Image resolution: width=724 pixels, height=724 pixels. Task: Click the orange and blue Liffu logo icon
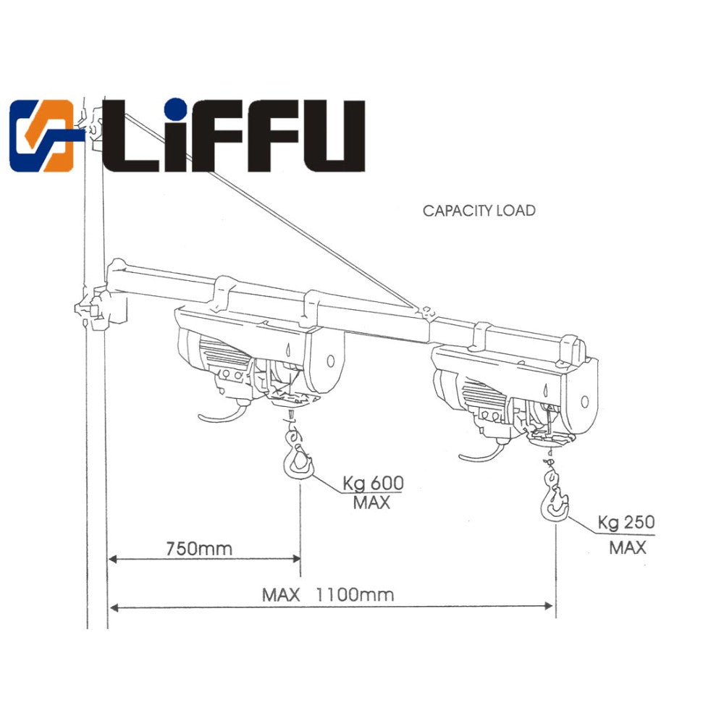point(42,135)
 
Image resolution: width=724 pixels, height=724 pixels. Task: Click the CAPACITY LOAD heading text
point(479,211)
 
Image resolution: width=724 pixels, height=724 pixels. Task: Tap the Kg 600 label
point(373,483)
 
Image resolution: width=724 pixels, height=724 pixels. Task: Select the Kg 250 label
point(626,522)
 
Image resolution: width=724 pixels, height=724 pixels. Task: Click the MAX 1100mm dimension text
point(328,595)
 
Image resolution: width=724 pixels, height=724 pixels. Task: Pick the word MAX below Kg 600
point(371,502)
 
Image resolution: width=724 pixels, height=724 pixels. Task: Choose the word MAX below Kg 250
point(627,547)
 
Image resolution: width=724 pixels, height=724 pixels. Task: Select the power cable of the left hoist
point(220,417)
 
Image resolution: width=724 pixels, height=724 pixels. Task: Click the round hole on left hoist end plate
point(330,360)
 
